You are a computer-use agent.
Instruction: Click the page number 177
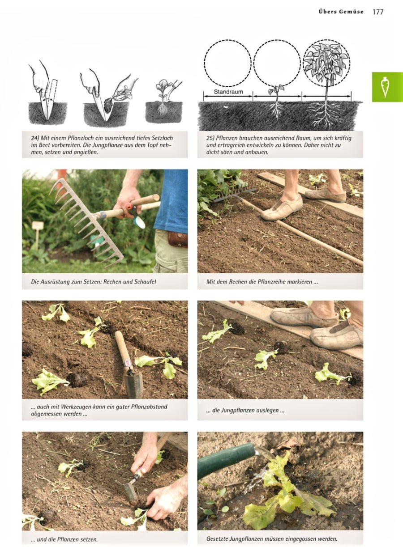pos(378,12)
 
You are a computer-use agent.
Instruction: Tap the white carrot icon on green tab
pos(385,87)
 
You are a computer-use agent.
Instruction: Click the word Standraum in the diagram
pos(228,91)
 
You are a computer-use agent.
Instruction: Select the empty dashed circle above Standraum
pos(228,63)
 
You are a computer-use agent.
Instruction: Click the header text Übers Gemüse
pos(341,12)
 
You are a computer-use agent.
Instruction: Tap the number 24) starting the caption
pos(30,138)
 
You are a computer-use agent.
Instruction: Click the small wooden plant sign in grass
pos(38,226)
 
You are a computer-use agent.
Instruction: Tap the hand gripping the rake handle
pos(128,200)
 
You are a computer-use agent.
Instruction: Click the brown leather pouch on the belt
pos(178,239)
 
